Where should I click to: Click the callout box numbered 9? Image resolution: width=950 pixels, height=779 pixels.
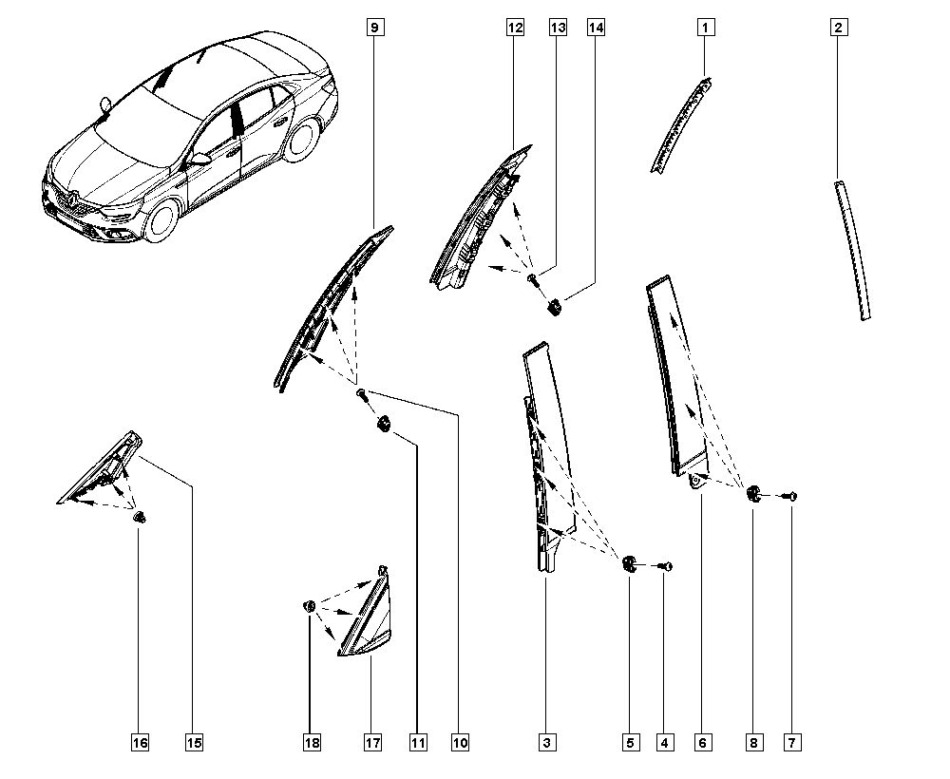(x=374, y=28)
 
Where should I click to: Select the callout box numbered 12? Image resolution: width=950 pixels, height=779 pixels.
(x=515, y=28)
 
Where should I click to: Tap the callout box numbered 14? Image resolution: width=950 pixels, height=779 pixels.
(x=596, y=28)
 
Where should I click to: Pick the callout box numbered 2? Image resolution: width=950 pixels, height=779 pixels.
(x=838, y=28)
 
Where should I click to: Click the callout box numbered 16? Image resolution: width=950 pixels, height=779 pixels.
(x=140, y=743)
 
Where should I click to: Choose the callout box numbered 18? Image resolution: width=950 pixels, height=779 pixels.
(x=310, y=743)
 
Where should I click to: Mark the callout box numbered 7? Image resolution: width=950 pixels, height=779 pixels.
(x=791, y=743)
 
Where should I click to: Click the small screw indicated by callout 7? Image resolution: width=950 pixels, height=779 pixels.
(x=791, y=495)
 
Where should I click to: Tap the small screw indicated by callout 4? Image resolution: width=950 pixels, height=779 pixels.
(x=667, y=566)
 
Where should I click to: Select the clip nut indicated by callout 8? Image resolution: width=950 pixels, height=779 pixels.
(x=753, y=492)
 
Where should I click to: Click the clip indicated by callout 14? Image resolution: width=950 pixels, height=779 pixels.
(x=555, y=305)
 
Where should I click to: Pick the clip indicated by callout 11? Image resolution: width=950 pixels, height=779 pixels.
(x=385, y=425)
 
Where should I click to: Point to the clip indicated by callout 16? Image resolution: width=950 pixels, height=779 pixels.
(x=141, y=518)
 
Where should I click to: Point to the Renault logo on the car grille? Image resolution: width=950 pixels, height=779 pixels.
(x=72, y=198)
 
